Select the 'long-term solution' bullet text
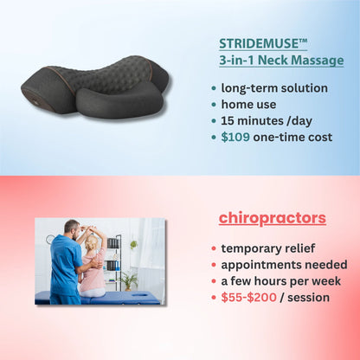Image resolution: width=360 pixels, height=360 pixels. tap(274, 87)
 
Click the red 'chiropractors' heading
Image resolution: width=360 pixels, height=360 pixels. tap(272, 217)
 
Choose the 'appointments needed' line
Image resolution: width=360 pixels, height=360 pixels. tap(283, 264)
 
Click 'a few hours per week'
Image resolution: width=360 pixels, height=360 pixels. tap(280, 280)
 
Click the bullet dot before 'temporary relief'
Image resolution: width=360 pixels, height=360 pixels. tap(214, 248)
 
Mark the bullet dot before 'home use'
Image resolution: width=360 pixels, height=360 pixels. tap(214, 105)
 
